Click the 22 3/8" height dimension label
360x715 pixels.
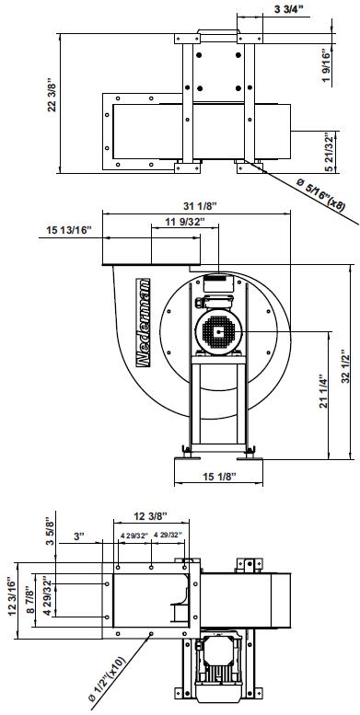pos(52,96)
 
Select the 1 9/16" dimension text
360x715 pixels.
pos(326,65)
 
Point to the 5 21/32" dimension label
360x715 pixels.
pos(329,153)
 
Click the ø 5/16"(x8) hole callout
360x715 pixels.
pos(320,194)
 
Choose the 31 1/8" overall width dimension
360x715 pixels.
pos(200,206)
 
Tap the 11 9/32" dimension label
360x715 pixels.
pos(185,222)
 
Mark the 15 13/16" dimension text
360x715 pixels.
pos(69,230)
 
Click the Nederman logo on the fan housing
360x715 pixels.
pos(144,322)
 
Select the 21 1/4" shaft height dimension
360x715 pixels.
pos(323,392)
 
